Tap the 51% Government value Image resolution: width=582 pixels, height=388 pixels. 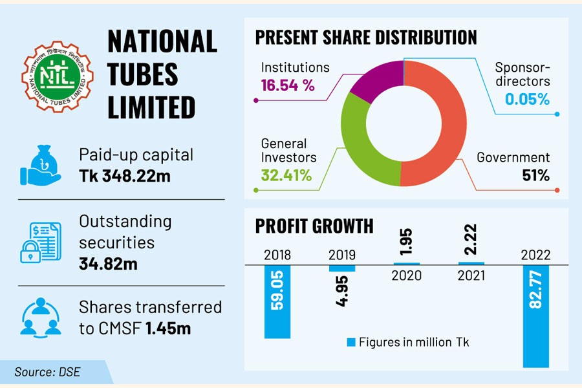[536, 175]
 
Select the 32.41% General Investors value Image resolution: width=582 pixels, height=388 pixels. [286, 175]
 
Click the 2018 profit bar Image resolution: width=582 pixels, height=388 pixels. [277, 301]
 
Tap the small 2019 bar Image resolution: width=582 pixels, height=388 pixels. [342, 268]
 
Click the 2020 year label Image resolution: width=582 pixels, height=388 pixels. [406, 275]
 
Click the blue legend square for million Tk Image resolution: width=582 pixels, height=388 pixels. [351, 342]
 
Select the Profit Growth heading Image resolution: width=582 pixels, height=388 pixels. [314, 226]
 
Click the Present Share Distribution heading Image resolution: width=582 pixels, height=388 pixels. [366, 37]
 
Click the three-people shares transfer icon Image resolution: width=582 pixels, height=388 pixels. [40, 316]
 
